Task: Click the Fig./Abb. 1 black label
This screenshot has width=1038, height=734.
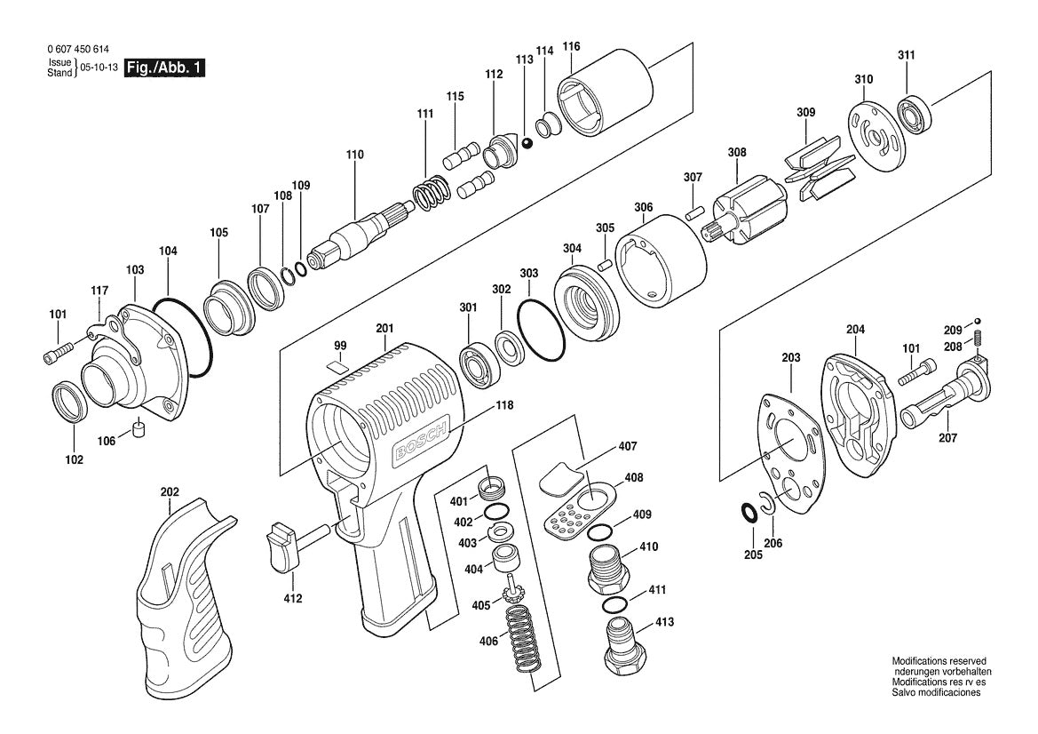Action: pos(165,67)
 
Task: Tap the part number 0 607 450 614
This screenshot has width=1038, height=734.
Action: pos(78,49)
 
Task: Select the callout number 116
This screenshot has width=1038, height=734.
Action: pos(571,46)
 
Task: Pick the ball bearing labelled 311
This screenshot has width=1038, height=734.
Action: pos(915,113)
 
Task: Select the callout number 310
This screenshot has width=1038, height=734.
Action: pos(863,79)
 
